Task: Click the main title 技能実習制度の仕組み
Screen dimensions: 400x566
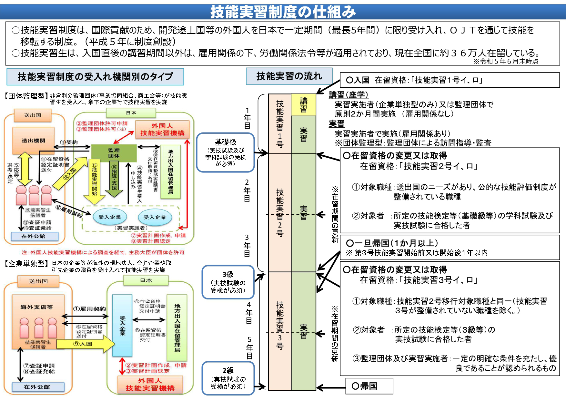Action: [283, 12]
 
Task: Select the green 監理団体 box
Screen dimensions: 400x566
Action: [114, 153]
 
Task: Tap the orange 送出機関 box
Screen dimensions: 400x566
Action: [33, 141]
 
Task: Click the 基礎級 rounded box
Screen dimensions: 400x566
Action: [225, 152]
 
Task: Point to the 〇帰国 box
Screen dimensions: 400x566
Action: [369, 386]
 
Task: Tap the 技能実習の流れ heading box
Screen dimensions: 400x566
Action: [289, 76]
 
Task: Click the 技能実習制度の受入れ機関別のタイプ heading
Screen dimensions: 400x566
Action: [95, 77]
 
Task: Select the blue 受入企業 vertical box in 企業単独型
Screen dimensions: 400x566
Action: [122, 326]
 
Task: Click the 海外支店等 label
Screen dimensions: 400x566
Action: [36, 307]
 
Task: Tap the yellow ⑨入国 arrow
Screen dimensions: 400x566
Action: [85, 344]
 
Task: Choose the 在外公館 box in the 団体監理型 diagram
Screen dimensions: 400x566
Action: [35, 236]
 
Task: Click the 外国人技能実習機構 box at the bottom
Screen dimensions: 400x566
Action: [150, 385]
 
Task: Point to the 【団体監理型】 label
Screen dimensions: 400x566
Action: [25, 96]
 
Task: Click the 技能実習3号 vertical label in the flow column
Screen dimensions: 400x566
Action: [279, 326]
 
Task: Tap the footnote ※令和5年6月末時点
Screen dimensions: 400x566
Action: [505, 61]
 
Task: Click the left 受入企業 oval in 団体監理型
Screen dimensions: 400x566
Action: [109, 217]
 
